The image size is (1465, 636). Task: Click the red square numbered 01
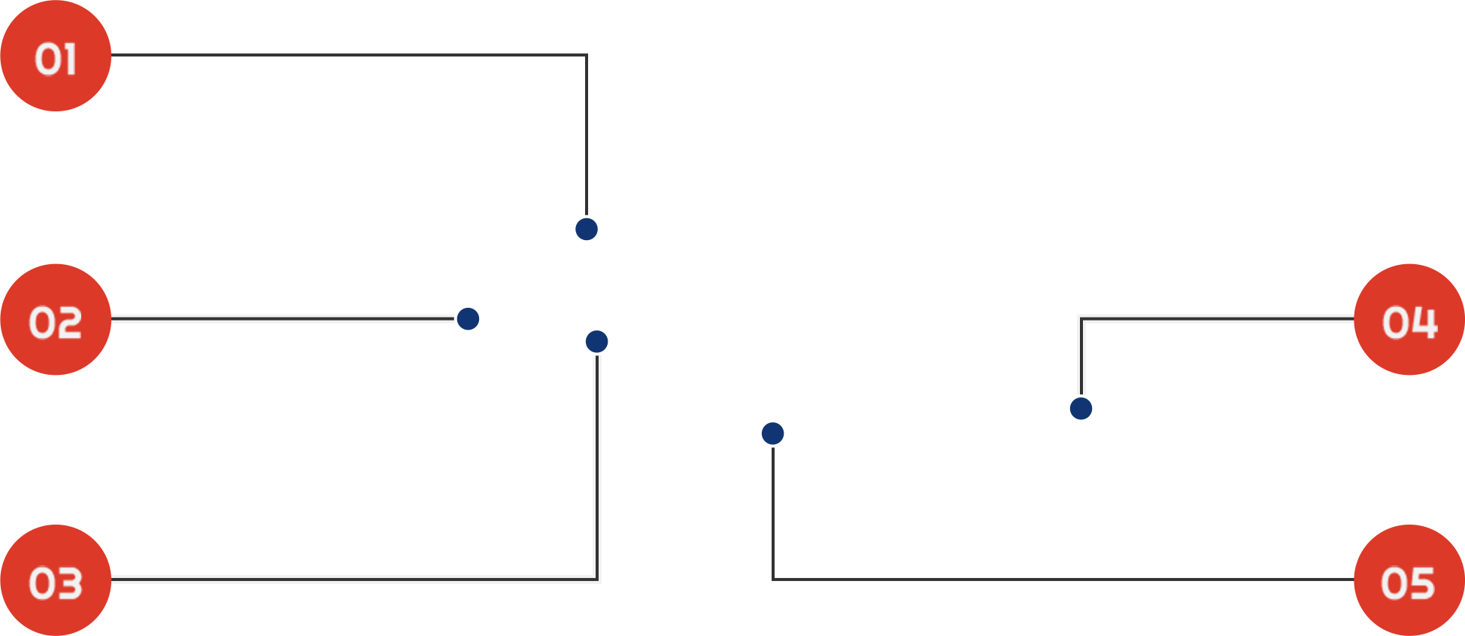(x=56, y=56)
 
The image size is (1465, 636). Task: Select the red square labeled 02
(x=56, y=319)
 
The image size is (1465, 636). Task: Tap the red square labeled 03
(x=56, y=580)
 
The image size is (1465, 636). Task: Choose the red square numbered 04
(x=1409, y=319)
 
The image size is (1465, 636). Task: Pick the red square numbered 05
(x=1409, y=580)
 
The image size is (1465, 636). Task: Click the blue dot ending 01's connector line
(x=587, y=229)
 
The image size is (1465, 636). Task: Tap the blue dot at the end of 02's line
(x=469, y=318)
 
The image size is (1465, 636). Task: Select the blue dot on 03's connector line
(x=596, y=342)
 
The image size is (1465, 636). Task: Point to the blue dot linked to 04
(x=1081, y=409)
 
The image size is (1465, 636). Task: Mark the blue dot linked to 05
(x=772, y=433)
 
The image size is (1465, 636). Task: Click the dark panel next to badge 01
(x=346, y=143)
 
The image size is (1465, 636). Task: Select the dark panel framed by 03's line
(x=350, y=459)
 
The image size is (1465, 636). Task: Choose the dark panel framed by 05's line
(x=1068, y=506)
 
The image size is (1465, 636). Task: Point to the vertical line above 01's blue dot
(x=585, y=135)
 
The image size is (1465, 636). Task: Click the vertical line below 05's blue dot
(x=774, y=512)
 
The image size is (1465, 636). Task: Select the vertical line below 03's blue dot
(x=597, y=467)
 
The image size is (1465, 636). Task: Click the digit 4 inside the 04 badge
(x=1424, y=322)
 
